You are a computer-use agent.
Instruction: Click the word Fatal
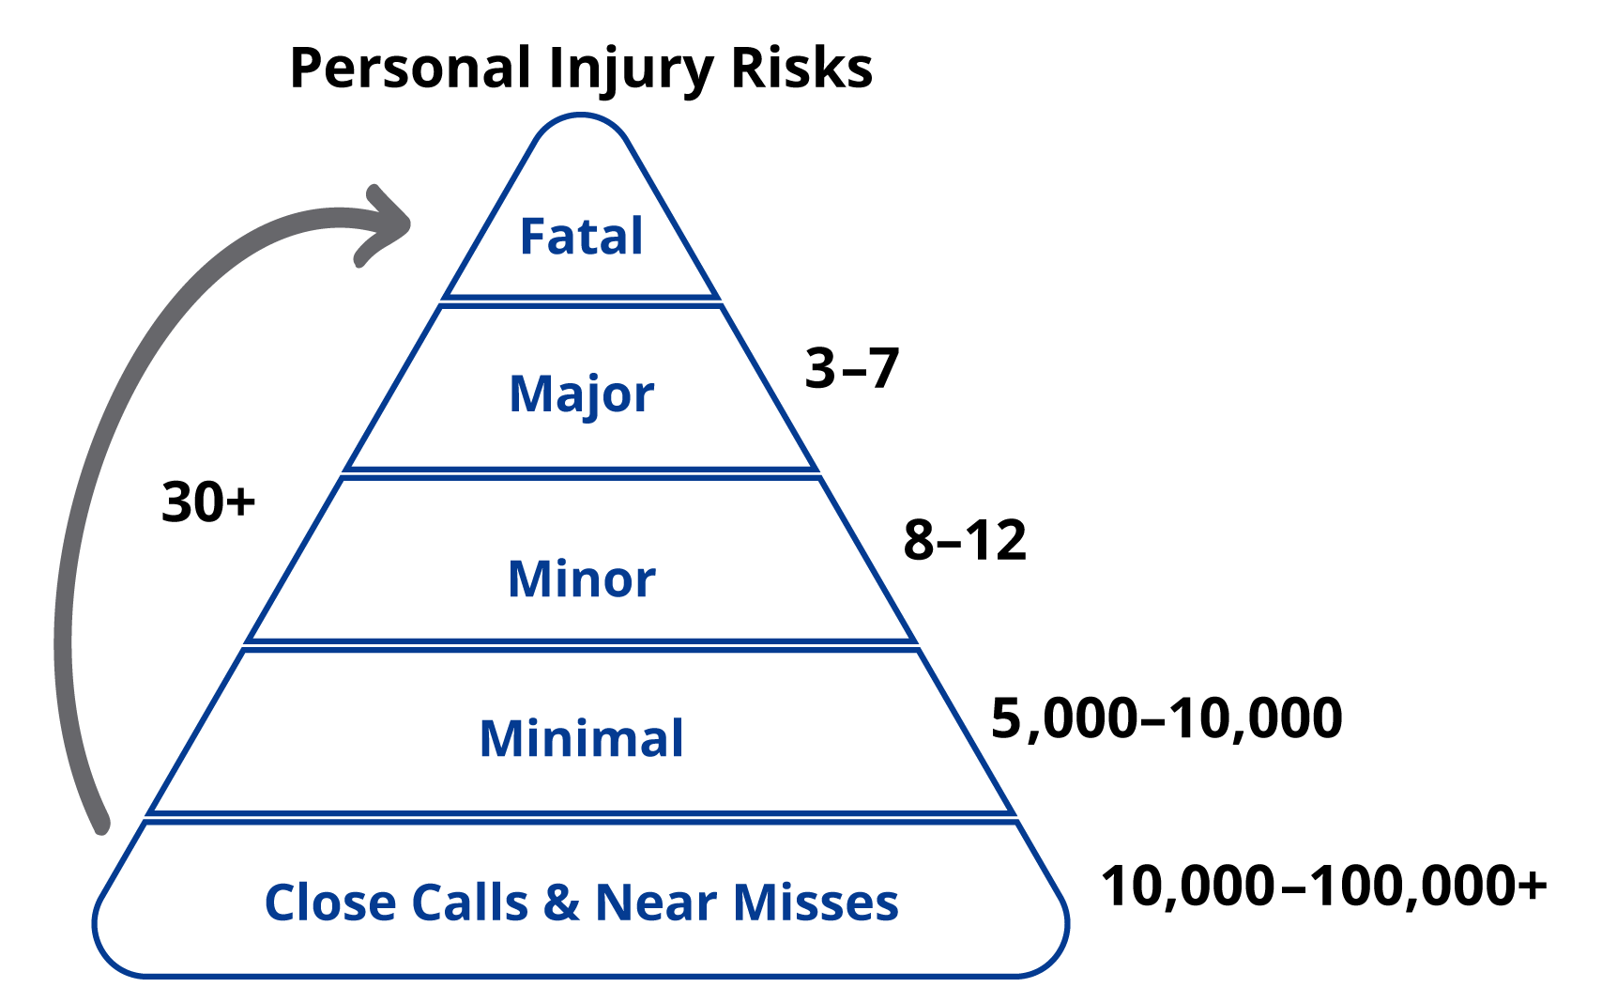click(x=581, y=236)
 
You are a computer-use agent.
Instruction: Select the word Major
click(x=581, y=393)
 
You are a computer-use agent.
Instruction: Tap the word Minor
click(x=581, y=579)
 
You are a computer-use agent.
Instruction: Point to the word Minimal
click(x=581, y=738)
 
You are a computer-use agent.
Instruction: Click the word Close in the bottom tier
click(x=330, y=903)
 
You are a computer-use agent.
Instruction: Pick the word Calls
click(x=469, y=903)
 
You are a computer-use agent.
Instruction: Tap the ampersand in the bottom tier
click(x=561, y=903)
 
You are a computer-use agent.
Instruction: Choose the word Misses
click(x=816, y=903)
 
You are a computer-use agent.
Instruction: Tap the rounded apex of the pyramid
click(x=581, y=117)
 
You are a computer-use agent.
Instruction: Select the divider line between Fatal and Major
click(x=581, y=301)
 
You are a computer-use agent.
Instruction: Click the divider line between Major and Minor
click(x=581, y=472)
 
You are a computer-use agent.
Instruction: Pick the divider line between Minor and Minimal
click(x=581, y=644)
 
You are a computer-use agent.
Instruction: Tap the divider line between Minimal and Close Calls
click(x=581, y=817)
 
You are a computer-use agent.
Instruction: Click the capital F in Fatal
click(x=534, y=236)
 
